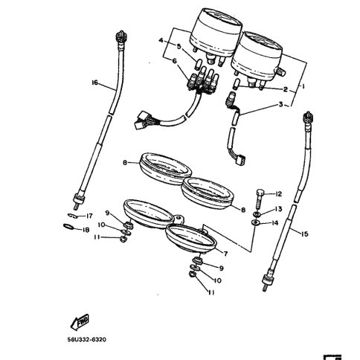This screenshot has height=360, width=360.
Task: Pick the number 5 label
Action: tap(179, 47)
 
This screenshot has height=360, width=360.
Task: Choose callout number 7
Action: tap(225, 253)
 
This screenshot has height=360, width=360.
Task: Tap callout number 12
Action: tap(278, 193)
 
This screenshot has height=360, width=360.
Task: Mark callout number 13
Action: tap(278, 209)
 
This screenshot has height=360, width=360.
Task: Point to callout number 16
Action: tap(94, 82)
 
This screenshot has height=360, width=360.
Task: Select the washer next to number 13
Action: tap(258, 210)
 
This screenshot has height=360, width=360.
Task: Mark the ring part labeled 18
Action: tap(68, 229)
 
